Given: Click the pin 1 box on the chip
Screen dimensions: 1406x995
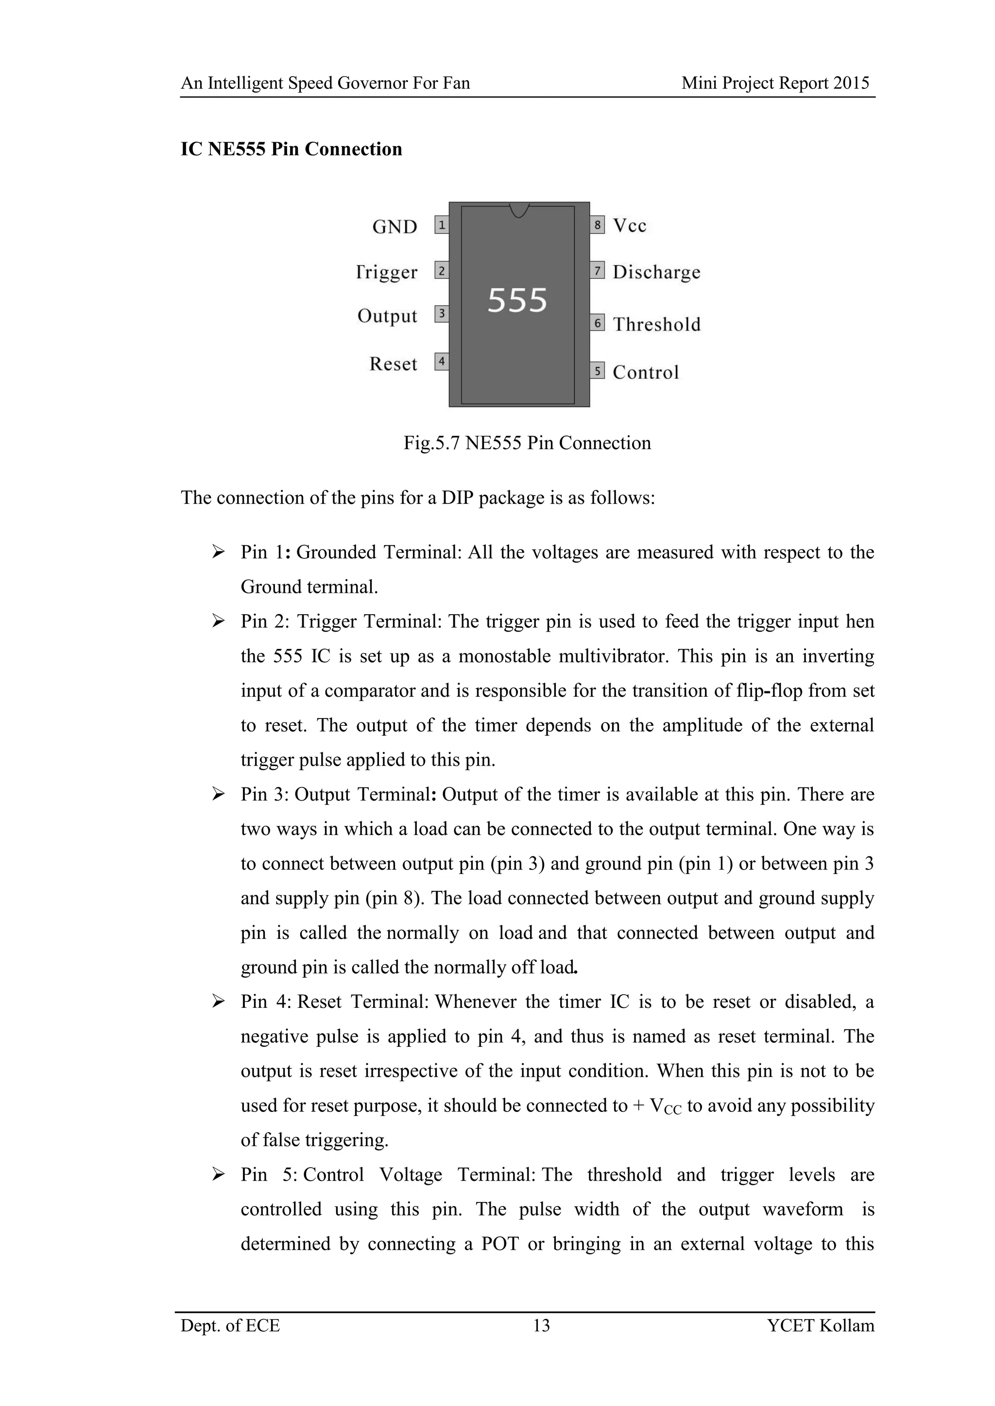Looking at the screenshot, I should coord(441,225).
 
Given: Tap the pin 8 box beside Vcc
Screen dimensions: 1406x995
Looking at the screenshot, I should coord(598,225).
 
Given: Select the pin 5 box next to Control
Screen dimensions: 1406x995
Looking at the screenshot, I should coord(598,370).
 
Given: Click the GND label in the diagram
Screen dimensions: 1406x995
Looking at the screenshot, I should coord(395,227).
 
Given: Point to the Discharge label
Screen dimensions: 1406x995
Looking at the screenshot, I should coord(656,272).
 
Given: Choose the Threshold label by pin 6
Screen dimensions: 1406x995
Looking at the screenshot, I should coord(656,324).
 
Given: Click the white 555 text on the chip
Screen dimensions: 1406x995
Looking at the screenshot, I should coord(517,301).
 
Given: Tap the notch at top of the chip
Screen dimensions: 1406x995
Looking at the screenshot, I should coord(519,210).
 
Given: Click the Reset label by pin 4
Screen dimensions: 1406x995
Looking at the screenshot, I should coord(393,364).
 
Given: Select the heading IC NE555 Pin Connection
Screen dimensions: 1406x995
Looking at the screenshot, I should coord(291,149).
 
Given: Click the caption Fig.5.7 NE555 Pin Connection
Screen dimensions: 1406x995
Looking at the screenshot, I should coord(527,442).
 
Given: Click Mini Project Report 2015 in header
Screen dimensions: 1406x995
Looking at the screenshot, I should coord(775,83).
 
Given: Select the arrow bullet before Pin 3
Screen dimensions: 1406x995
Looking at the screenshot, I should coord(218,794).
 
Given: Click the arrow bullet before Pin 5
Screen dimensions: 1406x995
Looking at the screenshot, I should coord(218,1174).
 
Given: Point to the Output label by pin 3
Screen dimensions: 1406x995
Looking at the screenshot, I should coord(387,316).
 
